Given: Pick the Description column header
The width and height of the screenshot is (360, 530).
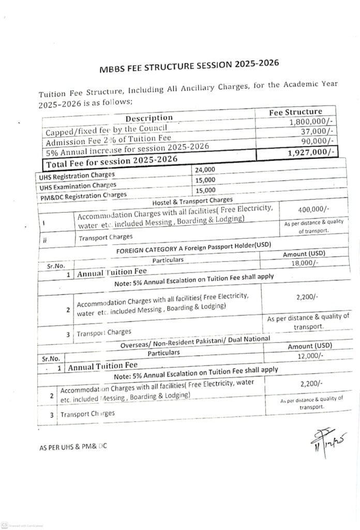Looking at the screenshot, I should pos(149,118).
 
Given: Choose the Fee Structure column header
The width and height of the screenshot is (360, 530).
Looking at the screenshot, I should pos(296,112).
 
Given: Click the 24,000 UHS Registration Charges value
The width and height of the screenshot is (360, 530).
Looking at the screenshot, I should pos(205,169).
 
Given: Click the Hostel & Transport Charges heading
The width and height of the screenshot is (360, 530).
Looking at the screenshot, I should pos(192,200).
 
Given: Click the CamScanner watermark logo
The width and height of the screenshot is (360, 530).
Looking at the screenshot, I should pos(5,525).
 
